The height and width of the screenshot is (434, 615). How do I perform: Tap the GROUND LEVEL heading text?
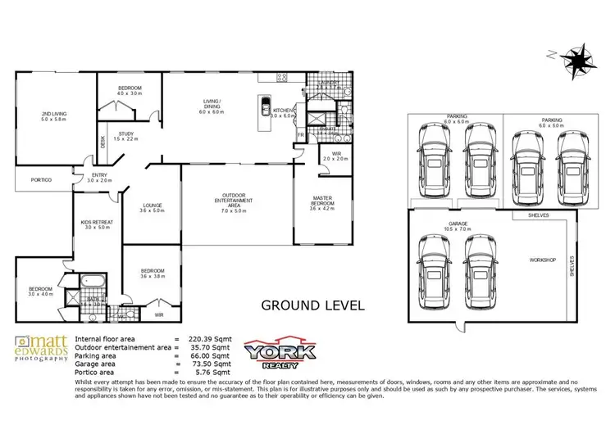point(312,306)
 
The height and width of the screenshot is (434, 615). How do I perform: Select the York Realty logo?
point(280,352)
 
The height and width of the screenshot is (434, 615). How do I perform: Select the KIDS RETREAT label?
point(97,225)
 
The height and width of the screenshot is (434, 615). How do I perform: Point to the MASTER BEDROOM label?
point(322,202)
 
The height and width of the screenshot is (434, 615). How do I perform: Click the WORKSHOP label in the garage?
point(542,260)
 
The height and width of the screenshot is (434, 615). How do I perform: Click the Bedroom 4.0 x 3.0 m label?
point(130,90)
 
